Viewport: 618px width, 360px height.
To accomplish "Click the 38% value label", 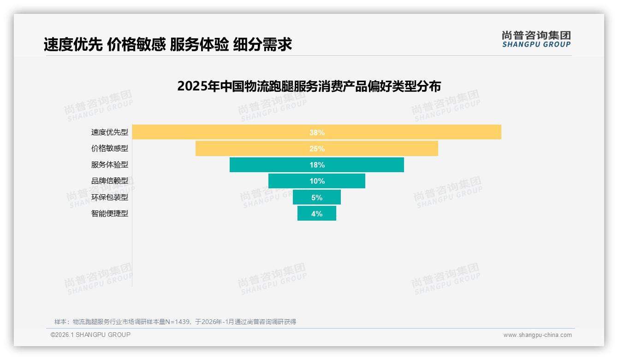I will coord(317,132).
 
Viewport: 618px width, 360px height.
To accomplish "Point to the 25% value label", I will coord(317,149).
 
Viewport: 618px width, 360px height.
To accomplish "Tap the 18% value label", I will coord(317,165).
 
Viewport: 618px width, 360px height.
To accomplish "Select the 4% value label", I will coord(317,214).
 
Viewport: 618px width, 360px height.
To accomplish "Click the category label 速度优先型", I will coord(109,132).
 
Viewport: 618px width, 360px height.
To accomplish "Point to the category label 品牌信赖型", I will coord(109,181).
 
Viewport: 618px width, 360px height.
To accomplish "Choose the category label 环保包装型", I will coord(109,197).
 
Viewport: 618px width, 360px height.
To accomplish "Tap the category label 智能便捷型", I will coord(109,214).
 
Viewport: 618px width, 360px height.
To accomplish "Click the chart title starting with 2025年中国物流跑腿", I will coord(309,86).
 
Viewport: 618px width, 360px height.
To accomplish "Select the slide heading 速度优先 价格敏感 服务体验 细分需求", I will coord(168,45).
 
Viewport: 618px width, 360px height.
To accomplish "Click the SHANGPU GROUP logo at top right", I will coord(536,39).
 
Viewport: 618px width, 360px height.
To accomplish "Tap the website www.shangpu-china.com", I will coord(537,335).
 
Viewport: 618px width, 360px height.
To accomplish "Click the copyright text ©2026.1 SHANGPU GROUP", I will coord(90,335).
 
